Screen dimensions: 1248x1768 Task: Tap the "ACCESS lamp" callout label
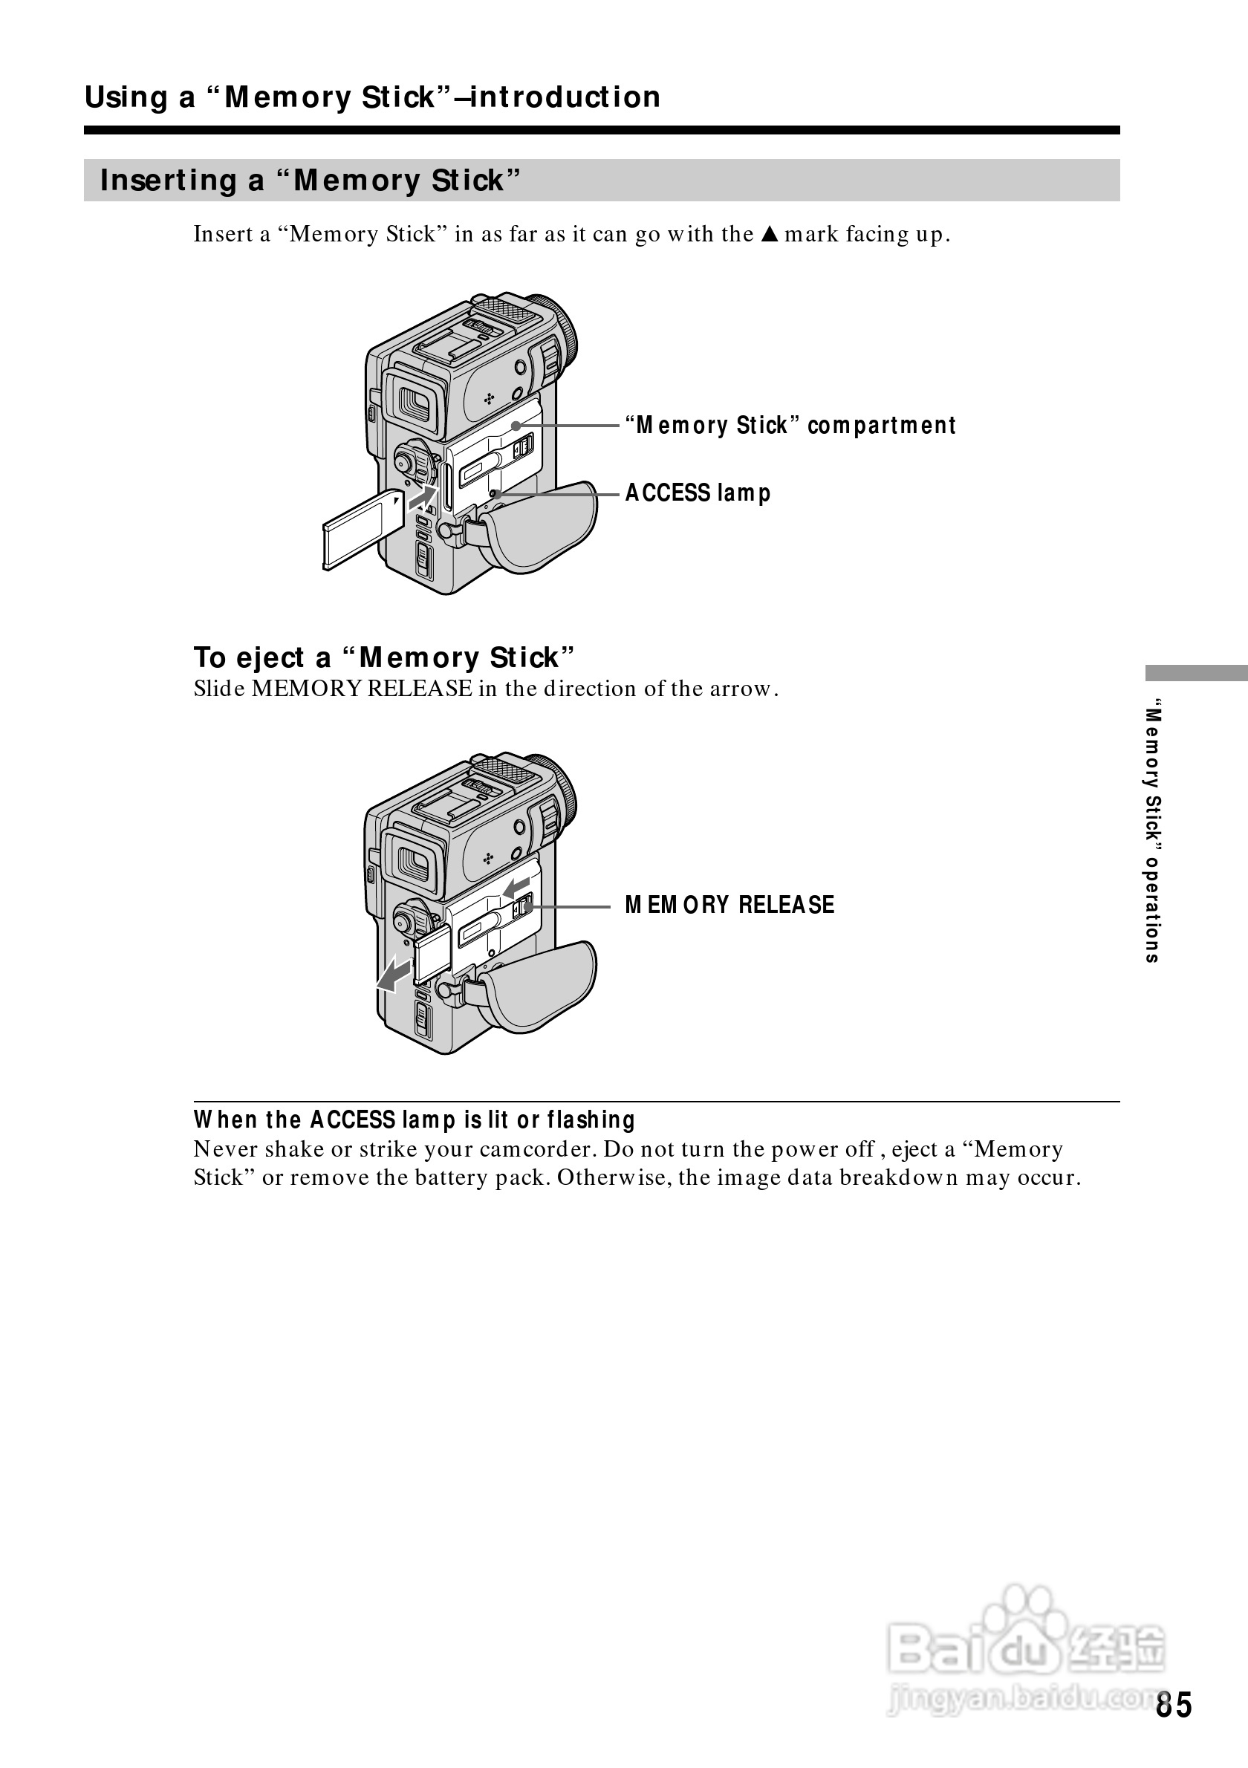coord(698,493)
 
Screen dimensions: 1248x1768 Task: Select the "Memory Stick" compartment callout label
coord(790,425)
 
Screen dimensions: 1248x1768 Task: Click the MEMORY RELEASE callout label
coord(729,905)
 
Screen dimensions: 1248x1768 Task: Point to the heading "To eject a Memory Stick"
coord(384,657)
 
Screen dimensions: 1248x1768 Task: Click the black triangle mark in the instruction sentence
coord(767,234)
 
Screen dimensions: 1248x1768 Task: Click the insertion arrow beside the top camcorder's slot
coord(420,498)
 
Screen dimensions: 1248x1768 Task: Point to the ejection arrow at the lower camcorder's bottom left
coord(394,973)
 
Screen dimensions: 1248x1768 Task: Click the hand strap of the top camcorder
coord(542,524)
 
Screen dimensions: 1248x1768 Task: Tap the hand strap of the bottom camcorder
coord(542,987)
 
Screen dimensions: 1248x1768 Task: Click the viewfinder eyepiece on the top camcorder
coord(415,401)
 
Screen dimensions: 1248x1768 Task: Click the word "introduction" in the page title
coord(565,98)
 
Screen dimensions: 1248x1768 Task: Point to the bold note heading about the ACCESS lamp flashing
coord(415,1119)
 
